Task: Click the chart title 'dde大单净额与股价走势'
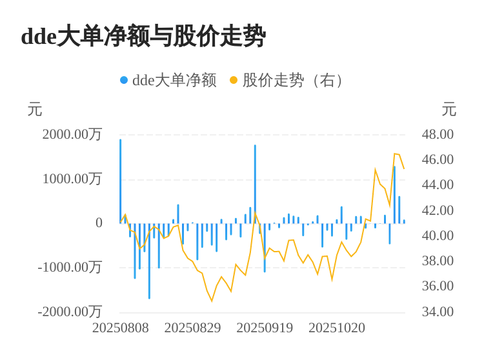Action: [143, 36]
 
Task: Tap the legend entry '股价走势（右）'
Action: [294, 80]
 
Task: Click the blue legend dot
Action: [124, 80]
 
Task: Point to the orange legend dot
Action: [234, 80]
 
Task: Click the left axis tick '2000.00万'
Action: [72, 134]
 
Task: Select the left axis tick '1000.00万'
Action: [72, 179]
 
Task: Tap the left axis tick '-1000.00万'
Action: [70, 267]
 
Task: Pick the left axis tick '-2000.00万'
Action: [70, 312]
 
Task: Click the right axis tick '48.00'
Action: [438, 134]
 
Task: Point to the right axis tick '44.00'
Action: [438, 185]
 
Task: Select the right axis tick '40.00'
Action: [438, 235]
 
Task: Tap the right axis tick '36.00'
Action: [438, 286]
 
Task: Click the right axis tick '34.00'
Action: [438, 312]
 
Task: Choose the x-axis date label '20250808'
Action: [121, 328]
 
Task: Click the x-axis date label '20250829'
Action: [192, 328]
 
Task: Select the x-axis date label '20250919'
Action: [265, 328]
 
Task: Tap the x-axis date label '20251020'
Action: [337, 328]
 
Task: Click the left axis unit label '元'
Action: [35, 110]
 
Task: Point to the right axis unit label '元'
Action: [449, 110]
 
